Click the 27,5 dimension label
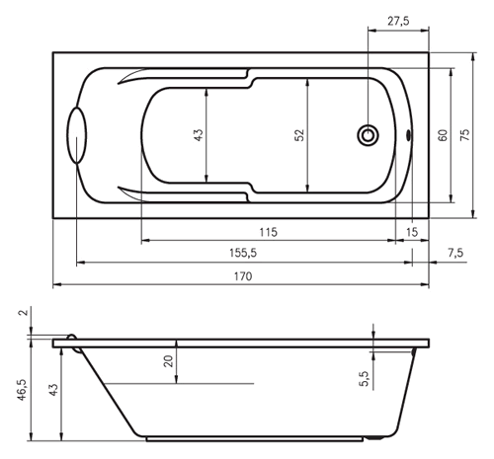[x=398, y=21]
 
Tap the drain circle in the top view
[x=368, y=135]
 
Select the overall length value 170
[x=243, y=276]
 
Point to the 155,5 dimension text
[x=243, y=253]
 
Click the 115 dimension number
[x=269, y=232]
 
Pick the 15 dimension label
[x=412, y=232]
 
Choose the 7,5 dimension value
[x=455, y=253]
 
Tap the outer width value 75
[x=464, y=135]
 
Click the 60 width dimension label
[x=443, y=135]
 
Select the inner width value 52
[x=299, y=135]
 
